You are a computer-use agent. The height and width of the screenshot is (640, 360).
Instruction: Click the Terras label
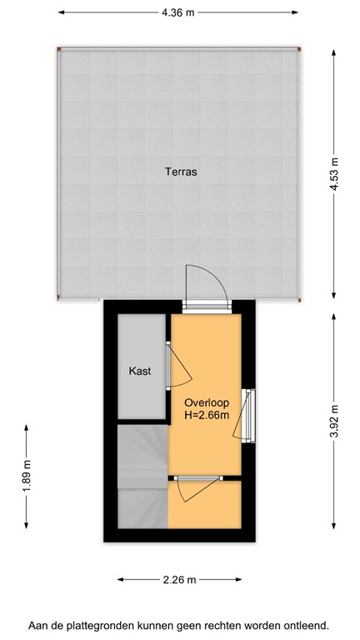[180, 172]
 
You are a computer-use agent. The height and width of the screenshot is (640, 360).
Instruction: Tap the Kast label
[140, 372]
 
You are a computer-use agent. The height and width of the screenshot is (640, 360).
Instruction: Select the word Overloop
[207, 402]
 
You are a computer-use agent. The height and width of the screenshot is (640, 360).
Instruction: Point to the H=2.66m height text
[207, 415]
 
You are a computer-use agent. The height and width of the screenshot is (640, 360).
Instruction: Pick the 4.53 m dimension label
[334, 174]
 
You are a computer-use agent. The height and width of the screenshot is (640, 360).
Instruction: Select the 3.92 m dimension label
[334, 421]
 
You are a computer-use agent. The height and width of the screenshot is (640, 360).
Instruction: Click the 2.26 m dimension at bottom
[179, 580]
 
